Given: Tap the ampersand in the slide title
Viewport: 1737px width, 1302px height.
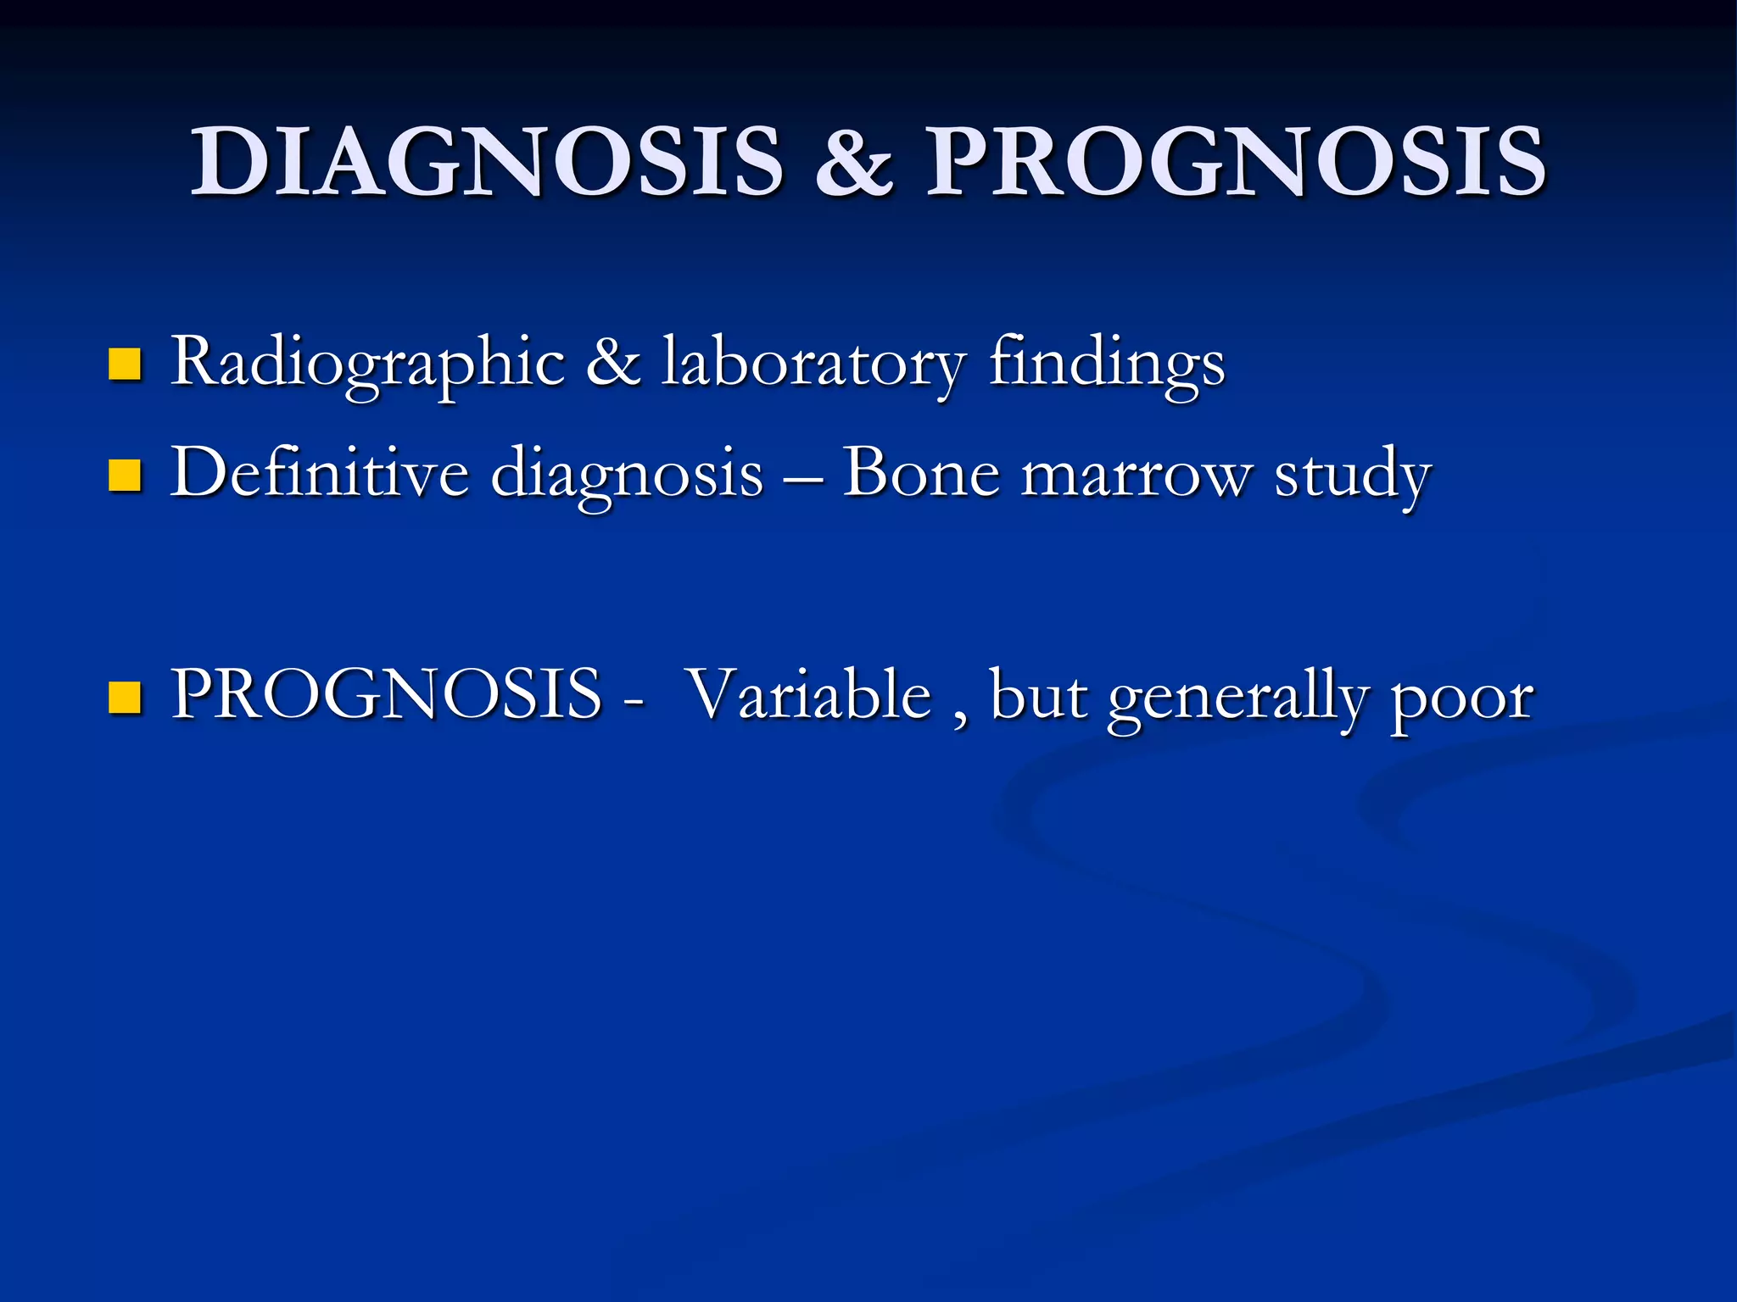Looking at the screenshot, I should point(854,163).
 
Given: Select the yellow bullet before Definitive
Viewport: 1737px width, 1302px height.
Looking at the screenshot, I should point(125,476).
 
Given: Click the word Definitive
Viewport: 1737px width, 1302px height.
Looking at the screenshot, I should point(319,473).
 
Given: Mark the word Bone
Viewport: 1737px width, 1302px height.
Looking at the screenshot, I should point(920,473).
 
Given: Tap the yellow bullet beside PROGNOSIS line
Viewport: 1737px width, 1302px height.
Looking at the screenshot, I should point(125,698).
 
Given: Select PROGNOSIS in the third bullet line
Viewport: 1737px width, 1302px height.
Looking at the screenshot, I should point(386,695).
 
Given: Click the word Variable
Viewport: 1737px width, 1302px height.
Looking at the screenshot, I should point(809,695).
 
